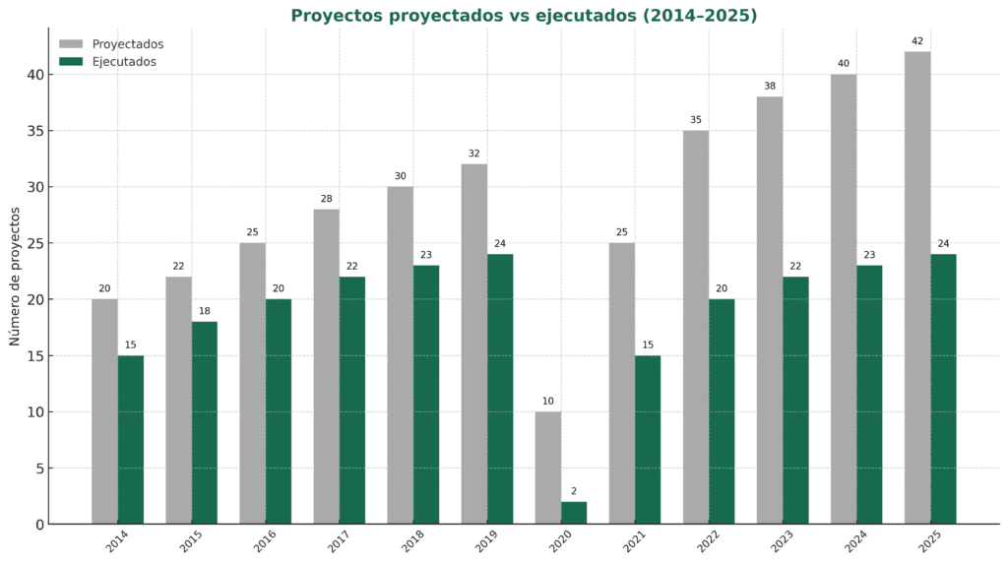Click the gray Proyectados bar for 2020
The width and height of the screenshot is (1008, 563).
pos(548,468)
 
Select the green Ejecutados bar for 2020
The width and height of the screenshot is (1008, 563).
pos(574,513)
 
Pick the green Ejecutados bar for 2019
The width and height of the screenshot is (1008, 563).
pos(500,389)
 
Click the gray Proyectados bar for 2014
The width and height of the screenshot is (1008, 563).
pos(104,411)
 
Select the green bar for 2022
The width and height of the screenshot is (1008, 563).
pos(722,411)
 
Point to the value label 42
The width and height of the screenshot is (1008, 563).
pos(917,41)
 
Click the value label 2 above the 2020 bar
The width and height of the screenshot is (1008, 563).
pos(574,491)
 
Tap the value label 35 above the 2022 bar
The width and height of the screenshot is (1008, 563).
pos(696,120)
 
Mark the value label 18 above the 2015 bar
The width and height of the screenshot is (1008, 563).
pos(205,311)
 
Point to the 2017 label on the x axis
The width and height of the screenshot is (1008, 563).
pos(338,542)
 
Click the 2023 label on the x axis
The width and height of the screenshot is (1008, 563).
pos(781,542)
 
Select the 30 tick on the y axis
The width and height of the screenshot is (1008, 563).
pos(34,187)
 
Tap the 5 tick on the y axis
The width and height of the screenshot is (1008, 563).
pos(39,469)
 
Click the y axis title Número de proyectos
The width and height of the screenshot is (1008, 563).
pos(15,276)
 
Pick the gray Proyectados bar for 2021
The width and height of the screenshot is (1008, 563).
pos(622,384)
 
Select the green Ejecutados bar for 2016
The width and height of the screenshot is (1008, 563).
pos(279,411)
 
